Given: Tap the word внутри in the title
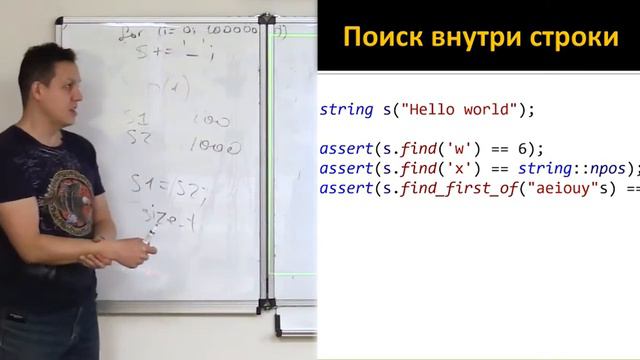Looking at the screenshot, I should [x=466, y=37].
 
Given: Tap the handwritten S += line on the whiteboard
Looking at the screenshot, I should [x=160, y=51].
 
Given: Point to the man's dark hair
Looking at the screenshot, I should [x=50, y=55].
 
